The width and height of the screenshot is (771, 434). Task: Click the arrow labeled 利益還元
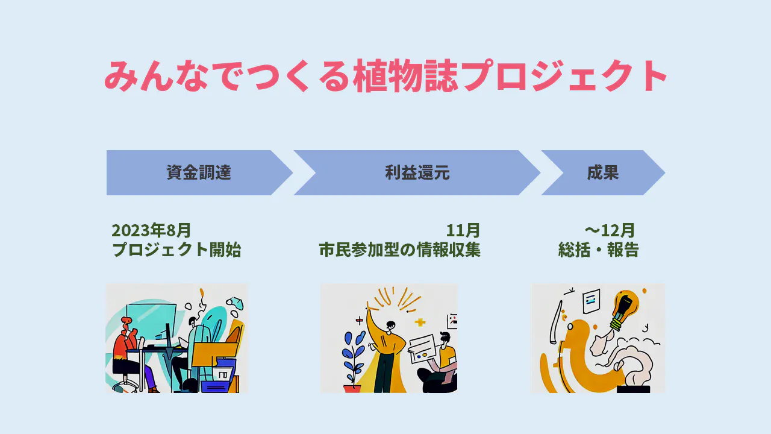[417, 173]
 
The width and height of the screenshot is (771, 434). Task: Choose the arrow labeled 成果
[602, 173]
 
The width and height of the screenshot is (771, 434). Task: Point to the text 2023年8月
[151, 230]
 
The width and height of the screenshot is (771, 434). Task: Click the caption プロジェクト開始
[176, 250]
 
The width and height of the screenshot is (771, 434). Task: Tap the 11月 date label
[463, 230]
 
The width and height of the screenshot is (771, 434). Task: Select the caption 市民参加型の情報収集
[400, 250]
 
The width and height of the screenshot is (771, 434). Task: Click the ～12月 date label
[609, 230]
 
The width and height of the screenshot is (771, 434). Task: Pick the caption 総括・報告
[598, 250]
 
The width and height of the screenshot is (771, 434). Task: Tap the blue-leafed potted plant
[353, 356]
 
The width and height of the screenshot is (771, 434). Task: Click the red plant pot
[352, 389]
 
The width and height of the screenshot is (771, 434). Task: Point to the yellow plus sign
[420, 322]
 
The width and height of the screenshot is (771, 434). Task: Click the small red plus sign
[360, 321]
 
